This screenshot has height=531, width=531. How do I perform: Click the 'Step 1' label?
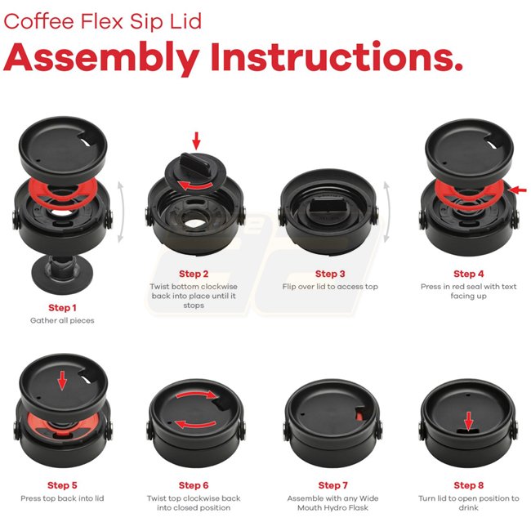[62, 307]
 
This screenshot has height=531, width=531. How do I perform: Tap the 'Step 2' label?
[194, 274]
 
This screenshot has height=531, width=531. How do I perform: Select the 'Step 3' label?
[330, 274]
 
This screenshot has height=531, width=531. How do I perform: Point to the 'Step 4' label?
[468, 274]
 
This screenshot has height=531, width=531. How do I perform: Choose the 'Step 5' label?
[62, 485]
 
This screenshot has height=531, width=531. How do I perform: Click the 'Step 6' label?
[194, 485]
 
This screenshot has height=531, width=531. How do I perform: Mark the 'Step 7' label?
[332, 485]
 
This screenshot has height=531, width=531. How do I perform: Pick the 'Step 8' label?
[468, 485]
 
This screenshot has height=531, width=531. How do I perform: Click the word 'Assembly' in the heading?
[101, 58]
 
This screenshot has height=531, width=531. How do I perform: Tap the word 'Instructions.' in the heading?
[337, 56]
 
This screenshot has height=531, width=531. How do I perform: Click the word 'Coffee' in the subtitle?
[38, 21]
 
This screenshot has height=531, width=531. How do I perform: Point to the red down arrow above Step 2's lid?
[196, 141]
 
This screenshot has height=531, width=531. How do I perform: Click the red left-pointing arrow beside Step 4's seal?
[518, 190]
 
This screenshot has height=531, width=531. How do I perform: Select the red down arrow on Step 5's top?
[62, 381]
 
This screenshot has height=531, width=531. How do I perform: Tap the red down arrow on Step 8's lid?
[468, 422]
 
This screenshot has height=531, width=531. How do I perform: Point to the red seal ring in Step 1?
[63, 191]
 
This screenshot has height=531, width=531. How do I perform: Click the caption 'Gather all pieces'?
[62, 320]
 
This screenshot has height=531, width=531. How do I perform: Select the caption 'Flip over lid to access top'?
[330, 287]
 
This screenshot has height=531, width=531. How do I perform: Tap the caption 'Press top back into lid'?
[62, 498]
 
